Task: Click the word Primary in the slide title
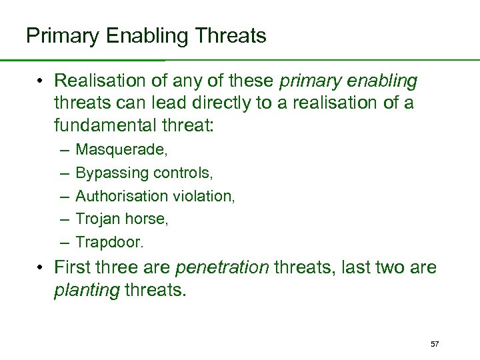pos(59,35)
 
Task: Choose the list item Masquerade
pos(121,150)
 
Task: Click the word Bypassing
pos(112,173)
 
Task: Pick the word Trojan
pos(95,219)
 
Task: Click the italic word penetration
pos(221,269)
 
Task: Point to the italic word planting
pos(87,290)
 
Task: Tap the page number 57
pos(435,344)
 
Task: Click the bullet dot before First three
pos(41,269)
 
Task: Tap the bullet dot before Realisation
pos(41,81)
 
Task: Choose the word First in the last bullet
pos(71,269)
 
